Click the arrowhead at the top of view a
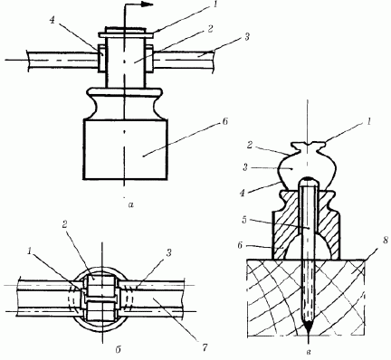(148, 5)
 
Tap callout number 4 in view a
(52, 22)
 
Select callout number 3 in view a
(247, 37)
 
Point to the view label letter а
(130, 205)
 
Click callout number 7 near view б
(205, 347)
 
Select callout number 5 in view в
(244, 220)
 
